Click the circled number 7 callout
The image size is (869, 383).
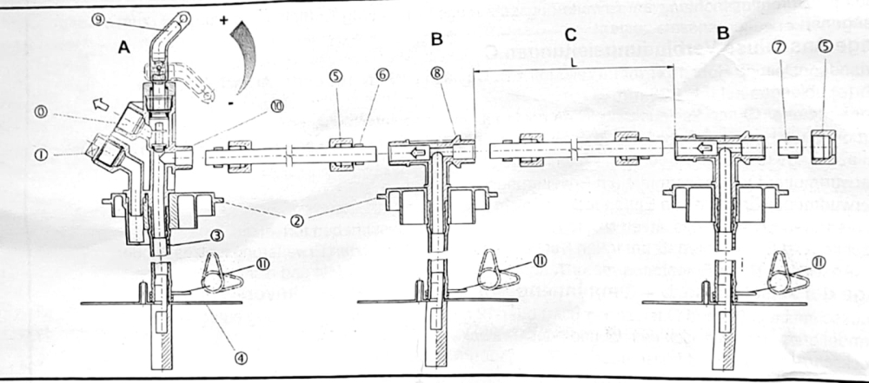[779, 94]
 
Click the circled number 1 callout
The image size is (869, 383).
[41, 155]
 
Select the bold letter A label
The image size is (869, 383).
[123, 49]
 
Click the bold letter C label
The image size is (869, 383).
[570, 35]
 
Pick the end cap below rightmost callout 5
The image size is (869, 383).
[822, 148]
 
